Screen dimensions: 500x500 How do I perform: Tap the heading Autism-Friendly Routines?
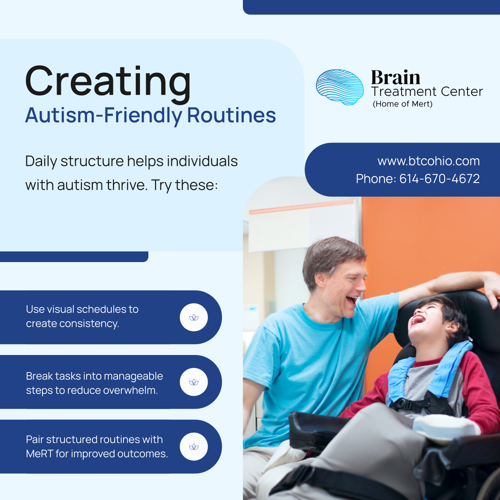[150, 115]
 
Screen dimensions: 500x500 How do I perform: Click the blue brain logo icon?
[340, 87]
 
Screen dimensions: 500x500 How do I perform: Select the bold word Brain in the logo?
[395, 77]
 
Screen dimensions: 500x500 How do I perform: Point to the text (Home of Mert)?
[402, 104]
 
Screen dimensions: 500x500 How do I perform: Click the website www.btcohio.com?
[428, 161]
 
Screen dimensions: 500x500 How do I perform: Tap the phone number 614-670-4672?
[439, 179]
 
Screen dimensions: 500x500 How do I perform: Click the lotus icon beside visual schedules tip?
[194, 317]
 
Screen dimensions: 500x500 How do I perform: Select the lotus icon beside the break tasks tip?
[194, 382]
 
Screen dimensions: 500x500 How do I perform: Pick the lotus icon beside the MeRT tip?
[194, 447]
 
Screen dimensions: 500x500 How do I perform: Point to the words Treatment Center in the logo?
[427, 92]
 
